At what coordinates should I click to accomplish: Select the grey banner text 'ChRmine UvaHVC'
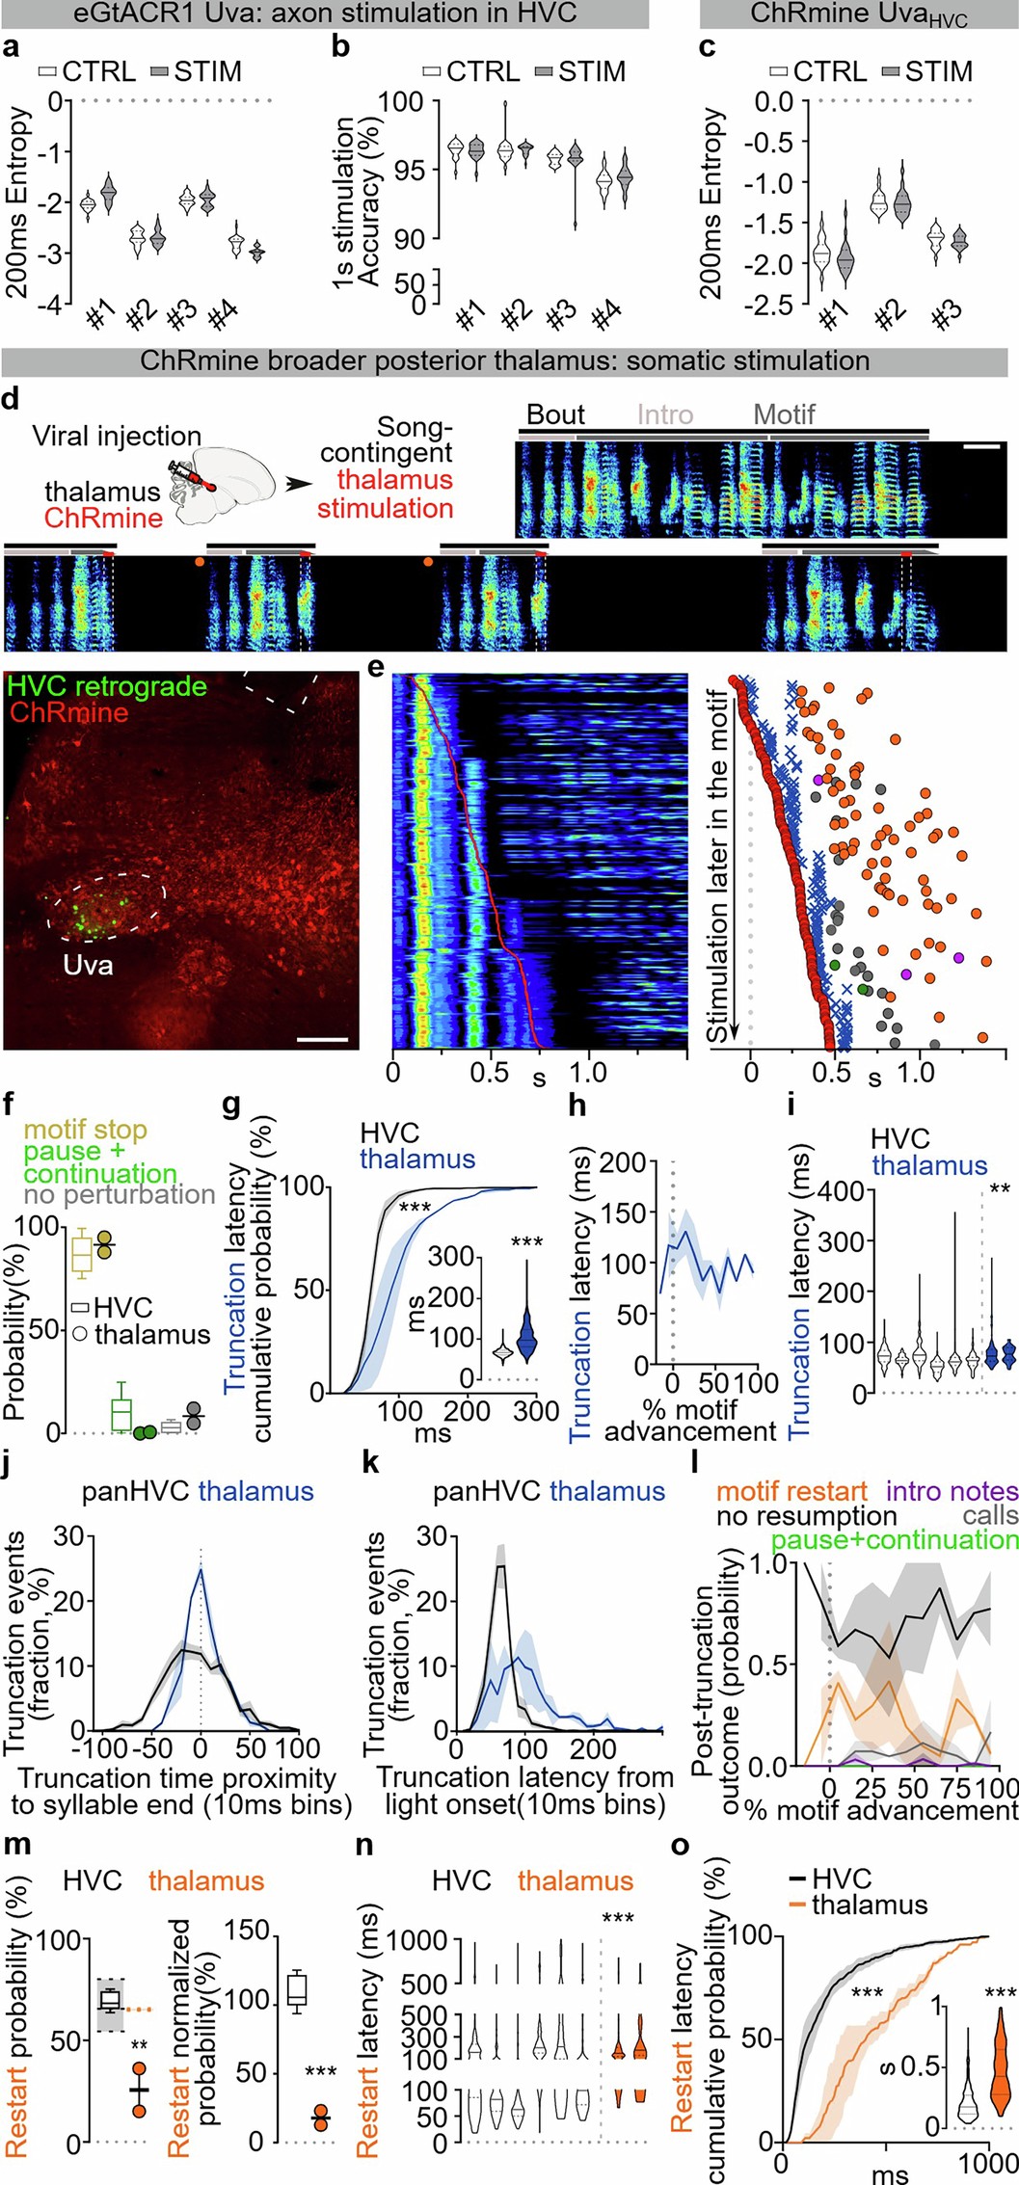tap(858, 15)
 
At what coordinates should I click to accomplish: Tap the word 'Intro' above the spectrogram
tap(665, 414)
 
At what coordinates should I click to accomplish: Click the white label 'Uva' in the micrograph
tap(89, 963)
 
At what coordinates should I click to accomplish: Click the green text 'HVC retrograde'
tap(107, 686)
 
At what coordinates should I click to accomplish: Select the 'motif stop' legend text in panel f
tap(85, 1130)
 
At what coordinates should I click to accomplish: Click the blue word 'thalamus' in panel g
tap(417, 1159)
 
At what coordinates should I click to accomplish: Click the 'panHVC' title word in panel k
tap(487, 1492)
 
